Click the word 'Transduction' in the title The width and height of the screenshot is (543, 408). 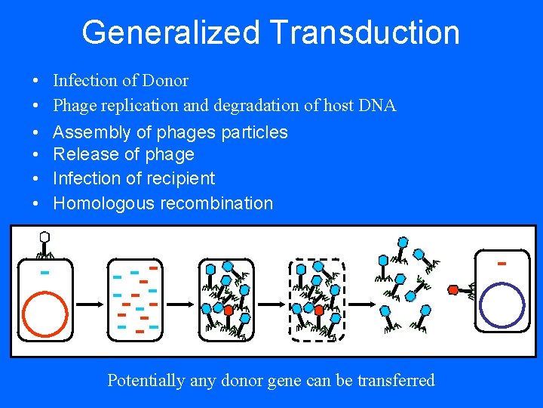[364, 32]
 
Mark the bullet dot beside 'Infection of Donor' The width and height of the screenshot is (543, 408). [35, 81]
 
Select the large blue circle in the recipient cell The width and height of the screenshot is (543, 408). [502, 304]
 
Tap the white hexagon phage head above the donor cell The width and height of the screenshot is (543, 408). [44, 237]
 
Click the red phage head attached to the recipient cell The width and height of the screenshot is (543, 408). [453, 289]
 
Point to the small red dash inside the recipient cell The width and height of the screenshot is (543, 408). [501, 264]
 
